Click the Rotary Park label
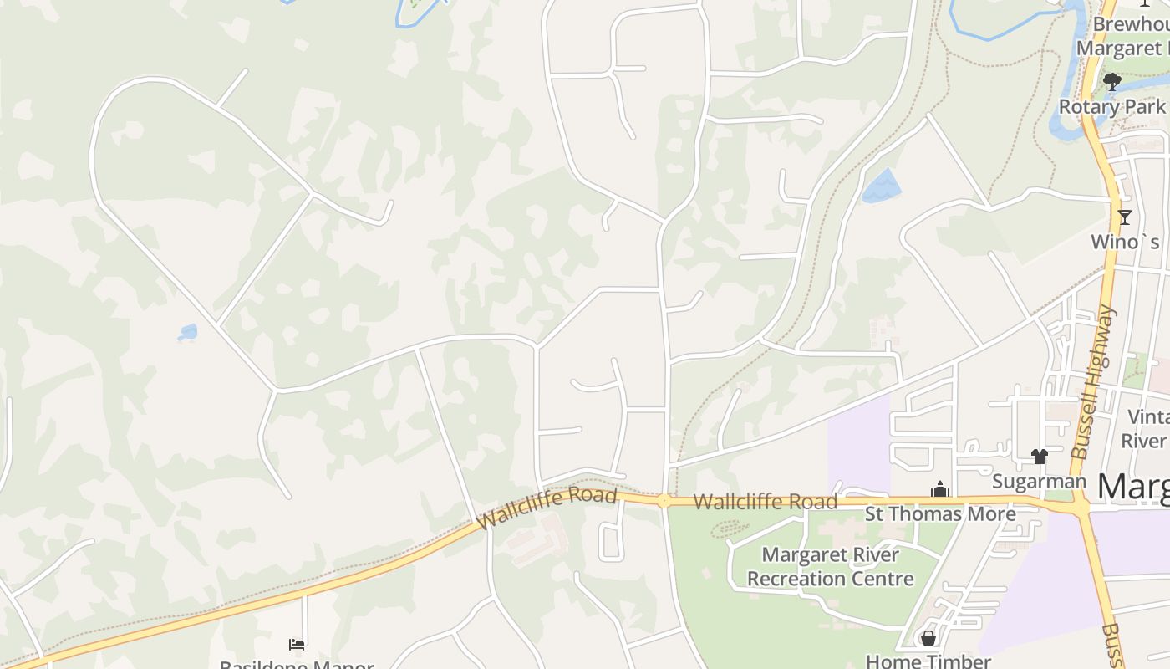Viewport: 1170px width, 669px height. [1111, 107]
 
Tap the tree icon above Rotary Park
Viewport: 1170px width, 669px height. [1111, 82]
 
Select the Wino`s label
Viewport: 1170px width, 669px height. [1126, 242]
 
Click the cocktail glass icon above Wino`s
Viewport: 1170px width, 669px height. [1125, 217]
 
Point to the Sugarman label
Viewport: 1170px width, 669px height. [1039, 482]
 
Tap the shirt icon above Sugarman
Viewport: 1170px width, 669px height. [1039, 457]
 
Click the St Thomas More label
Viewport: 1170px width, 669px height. [940, 513]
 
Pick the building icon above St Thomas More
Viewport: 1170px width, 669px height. [940, 489]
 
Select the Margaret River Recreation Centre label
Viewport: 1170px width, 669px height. [831, 567]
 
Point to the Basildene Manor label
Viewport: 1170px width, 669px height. [296, 666]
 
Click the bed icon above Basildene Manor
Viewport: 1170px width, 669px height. [296, 644]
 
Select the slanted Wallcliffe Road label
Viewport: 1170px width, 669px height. [547, 508]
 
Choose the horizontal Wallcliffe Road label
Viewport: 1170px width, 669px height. [765, 502]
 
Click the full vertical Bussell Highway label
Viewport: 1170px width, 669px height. [1093, 382]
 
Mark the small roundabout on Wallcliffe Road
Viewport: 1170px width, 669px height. [664, 501]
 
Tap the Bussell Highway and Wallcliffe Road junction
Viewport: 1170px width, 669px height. [1080, 507]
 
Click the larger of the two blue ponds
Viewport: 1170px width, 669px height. [881, 186]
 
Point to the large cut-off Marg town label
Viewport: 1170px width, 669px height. [1132, 486]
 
